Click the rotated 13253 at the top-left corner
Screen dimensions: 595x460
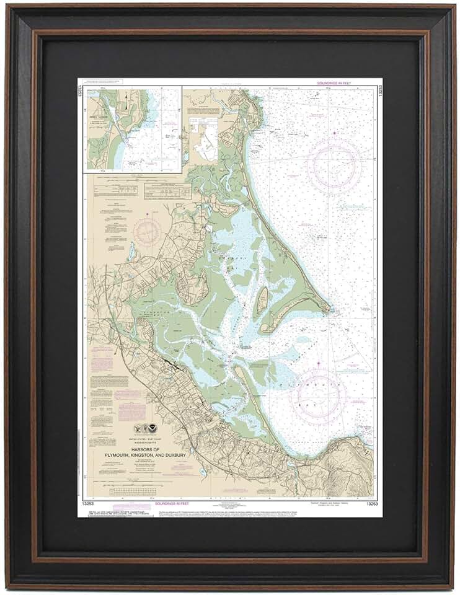pyautogui.click(x=81, y=91)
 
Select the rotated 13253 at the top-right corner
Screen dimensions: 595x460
pyautogui.click(x=379, y=91)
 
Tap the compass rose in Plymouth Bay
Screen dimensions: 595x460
pyautogui.click(x=319, y=392)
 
